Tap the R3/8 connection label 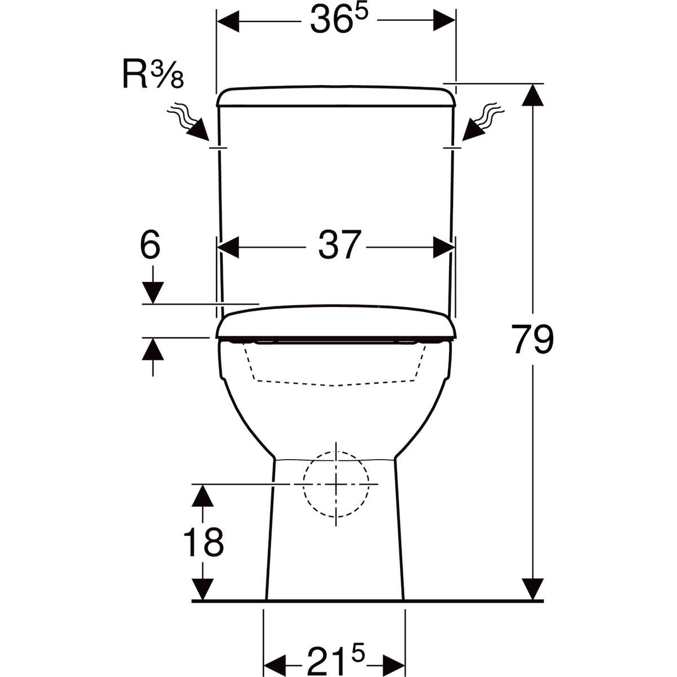click(x=153, y=77)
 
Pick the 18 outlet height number click(x=203, y=542)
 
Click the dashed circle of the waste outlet click(x=336, y=483)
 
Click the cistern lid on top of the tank click(x=336, y=96)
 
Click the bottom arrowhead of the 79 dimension click(x=533, y=590)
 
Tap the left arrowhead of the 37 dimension click(x=229, y=247)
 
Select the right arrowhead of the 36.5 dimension click(x=444, y=22)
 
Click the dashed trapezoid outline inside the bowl click(x=336, y=367)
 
